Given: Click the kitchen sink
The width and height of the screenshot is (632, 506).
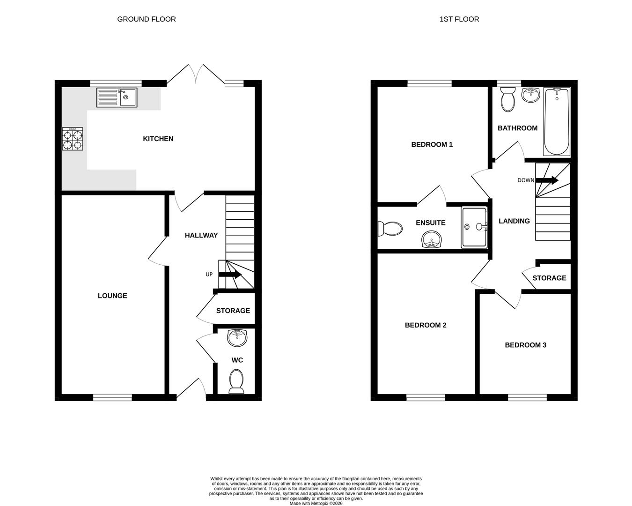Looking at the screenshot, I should pyautogui.click(x=117, y=97).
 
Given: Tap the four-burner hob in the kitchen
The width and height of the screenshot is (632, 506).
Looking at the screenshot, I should pyautogui.click(x=73, y=139).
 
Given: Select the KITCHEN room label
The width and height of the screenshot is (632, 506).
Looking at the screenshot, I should pyautogui.click(x=158, y=139).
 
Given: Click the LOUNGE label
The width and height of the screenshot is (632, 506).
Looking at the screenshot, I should pyautogui.click(x=112, y=296).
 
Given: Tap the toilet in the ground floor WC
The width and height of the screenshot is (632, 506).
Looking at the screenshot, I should pyautogui.click(x=236, y=381).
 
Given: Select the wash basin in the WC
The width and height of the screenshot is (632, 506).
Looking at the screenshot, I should pyautogui.click(x=237, y=338).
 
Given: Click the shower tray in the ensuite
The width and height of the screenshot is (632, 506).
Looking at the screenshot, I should pyautogui.click(x=474, y=227).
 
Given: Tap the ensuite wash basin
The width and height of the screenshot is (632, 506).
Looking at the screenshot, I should pyautogui.click(x=431, y=241).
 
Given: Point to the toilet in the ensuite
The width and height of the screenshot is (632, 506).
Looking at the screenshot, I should pyautogui.click(x=390, y=229).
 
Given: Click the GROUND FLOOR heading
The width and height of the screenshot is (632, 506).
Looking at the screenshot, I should pyautogui.click(x=147, y=19).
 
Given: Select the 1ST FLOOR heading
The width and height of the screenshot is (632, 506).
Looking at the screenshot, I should pyautogui.click(x=459, y=19).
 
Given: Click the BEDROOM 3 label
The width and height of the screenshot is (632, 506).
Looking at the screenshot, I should pyautogui.click(x=525, y=345).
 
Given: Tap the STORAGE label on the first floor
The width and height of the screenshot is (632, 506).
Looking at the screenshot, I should pyautogui.click(x=549, y=278).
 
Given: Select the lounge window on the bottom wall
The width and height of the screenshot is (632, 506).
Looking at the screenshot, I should pyautogui.click(x=112, y=397).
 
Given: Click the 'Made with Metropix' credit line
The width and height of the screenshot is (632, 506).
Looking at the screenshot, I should pyautogui.click(x=316, y=503).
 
